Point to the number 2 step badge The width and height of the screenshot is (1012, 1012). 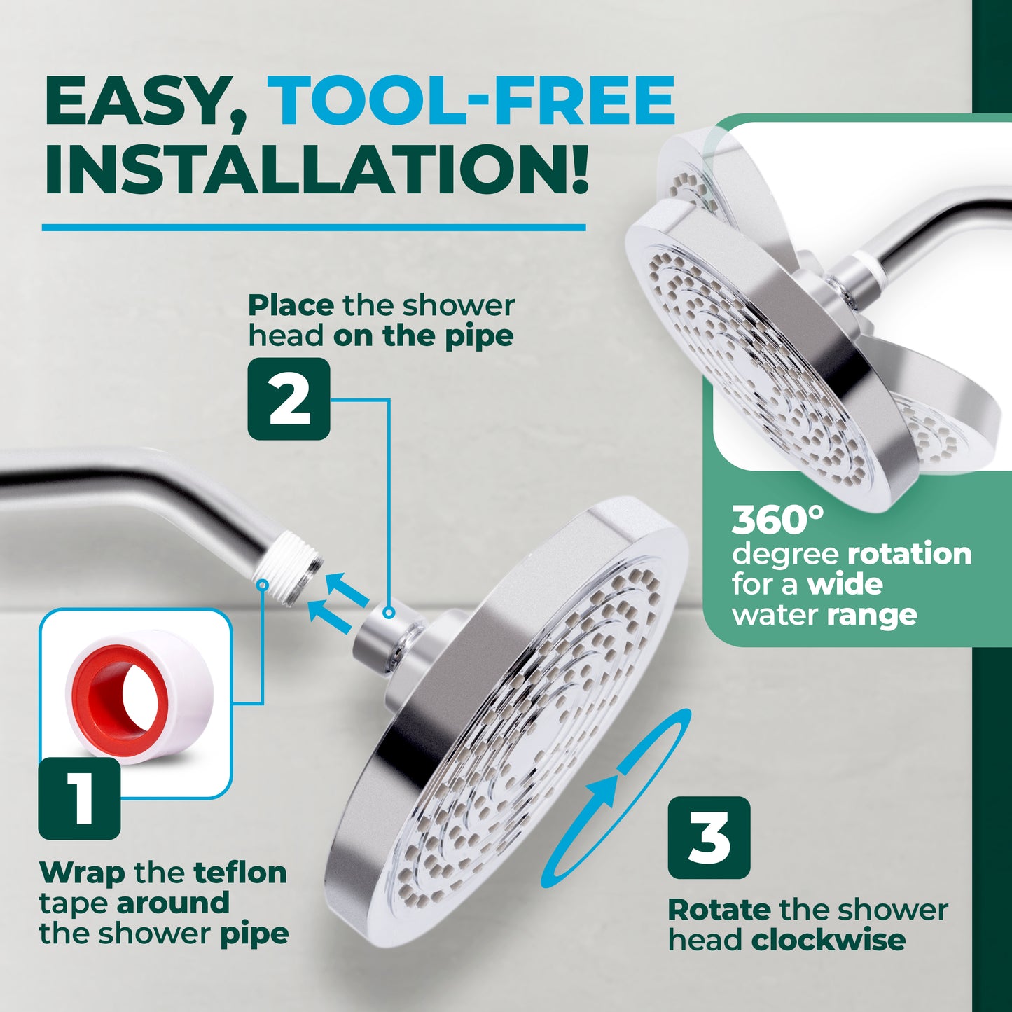(289, 398)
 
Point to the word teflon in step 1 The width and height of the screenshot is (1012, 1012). (240, 873)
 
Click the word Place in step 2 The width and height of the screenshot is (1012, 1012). (291, 305)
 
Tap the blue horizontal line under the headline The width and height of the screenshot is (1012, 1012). (314, 228)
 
